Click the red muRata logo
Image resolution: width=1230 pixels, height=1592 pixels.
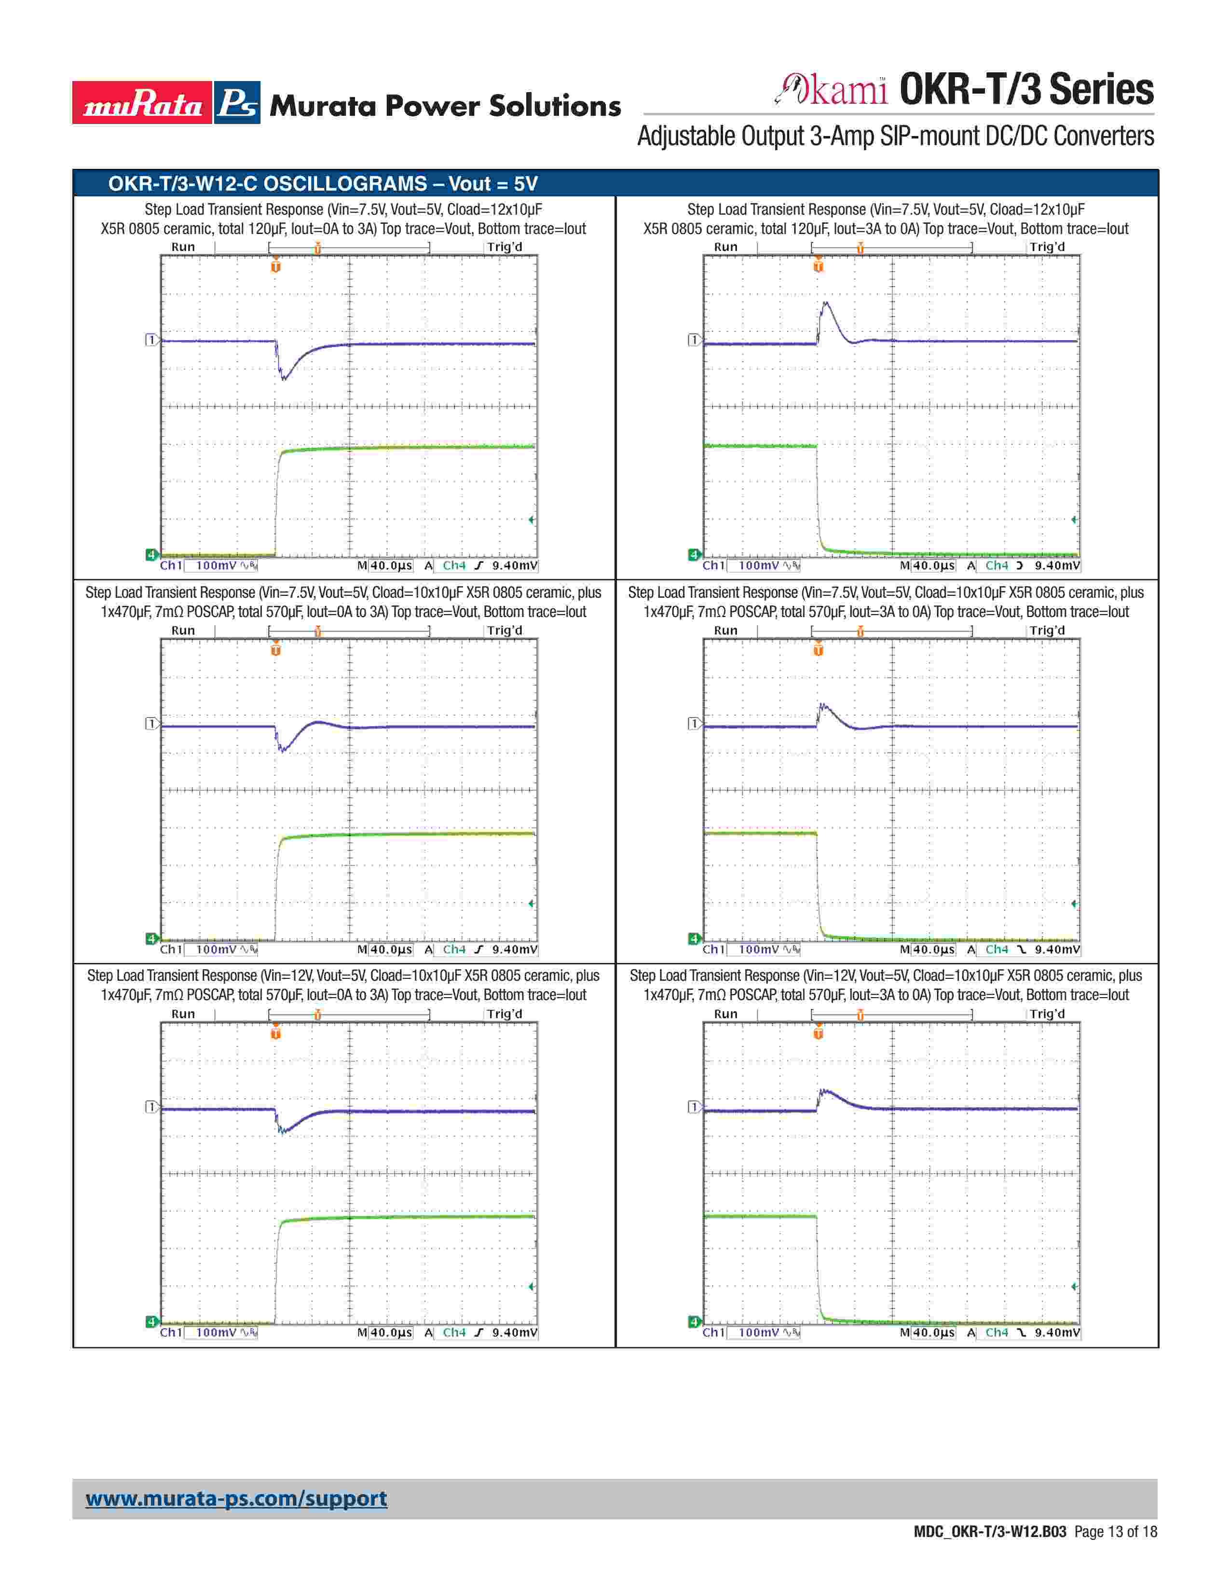point(142,103)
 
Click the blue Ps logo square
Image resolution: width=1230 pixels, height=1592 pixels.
point(237,103)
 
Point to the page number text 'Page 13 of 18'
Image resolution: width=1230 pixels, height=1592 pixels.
point(1115,1532)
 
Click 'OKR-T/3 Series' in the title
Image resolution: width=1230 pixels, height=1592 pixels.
point(1026,90)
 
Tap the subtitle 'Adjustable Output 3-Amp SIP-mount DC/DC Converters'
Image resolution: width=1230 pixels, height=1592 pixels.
point(895,137)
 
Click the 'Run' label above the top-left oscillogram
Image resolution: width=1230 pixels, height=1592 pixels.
point(183,247)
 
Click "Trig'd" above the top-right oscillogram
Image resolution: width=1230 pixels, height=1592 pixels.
point(1046,247)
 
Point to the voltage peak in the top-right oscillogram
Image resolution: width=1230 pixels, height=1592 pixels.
point(825,303)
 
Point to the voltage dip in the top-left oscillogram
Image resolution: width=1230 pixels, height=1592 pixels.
point(284,378)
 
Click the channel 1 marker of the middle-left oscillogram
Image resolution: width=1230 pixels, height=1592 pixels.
point(151,723)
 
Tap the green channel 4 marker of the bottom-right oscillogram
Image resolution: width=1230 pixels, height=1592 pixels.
point(694,1321)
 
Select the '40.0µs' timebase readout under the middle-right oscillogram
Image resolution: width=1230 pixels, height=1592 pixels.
point(933,950)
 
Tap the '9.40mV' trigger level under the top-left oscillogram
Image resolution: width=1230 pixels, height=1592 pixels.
point(515,566)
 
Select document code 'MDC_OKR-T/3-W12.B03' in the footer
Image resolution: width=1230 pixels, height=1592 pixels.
point(989,1532)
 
